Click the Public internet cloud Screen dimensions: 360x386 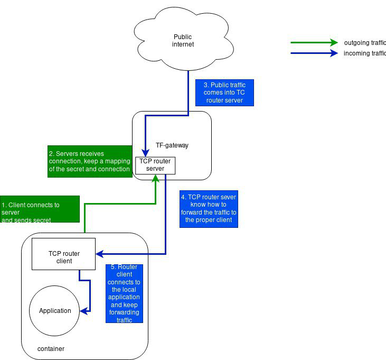(x=183, y=41)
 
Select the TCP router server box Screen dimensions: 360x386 (x=155, y=165)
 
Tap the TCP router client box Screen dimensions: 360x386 (x=64, y=257)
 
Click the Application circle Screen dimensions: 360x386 (x=55, y=310)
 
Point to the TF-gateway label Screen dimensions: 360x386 (x=172, y=145)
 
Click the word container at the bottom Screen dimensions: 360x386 (x=51, y=349)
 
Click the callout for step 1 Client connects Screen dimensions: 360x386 (x=40, y=210)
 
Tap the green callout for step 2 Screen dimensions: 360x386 (x=90, y=161)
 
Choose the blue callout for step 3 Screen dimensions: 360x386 (x=224, y=93)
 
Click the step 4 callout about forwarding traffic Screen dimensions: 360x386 (x=209, y=210)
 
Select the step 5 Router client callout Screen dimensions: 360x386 (x=124, y=293)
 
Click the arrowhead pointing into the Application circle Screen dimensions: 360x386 (x=83, y=311)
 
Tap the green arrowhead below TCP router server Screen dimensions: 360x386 (x=155, y=178)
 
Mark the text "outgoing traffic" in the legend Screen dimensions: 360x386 (x=364, y=42)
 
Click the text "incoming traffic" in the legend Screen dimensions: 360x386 (x=364, y=53)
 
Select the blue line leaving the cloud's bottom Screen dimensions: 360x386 (x=189, y=90)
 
